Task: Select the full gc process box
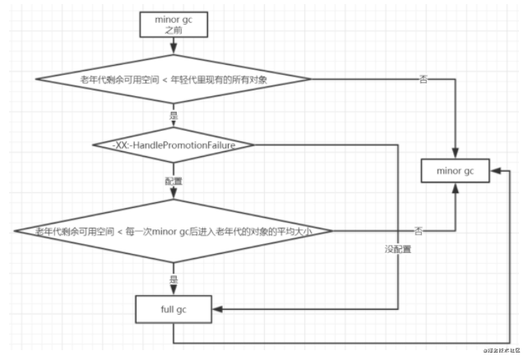pos(173,311)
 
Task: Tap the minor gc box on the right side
pos(455,173)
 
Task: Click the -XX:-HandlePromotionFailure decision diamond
pos(173,145)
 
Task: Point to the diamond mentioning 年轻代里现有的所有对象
pos(173,79)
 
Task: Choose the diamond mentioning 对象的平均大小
pos(173,233)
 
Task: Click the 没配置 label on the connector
pos(397,248)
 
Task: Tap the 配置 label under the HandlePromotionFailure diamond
pos(173,179)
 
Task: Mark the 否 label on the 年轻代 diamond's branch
pos(423,79)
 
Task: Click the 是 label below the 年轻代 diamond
pos(173,116)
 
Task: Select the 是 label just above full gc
pos(173,279)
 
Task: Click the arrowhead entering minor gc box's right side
pos(492,173)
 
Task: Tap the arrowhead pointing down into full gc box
pos(173,291)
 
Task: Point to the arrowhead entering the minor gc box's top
pos(455,155)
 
